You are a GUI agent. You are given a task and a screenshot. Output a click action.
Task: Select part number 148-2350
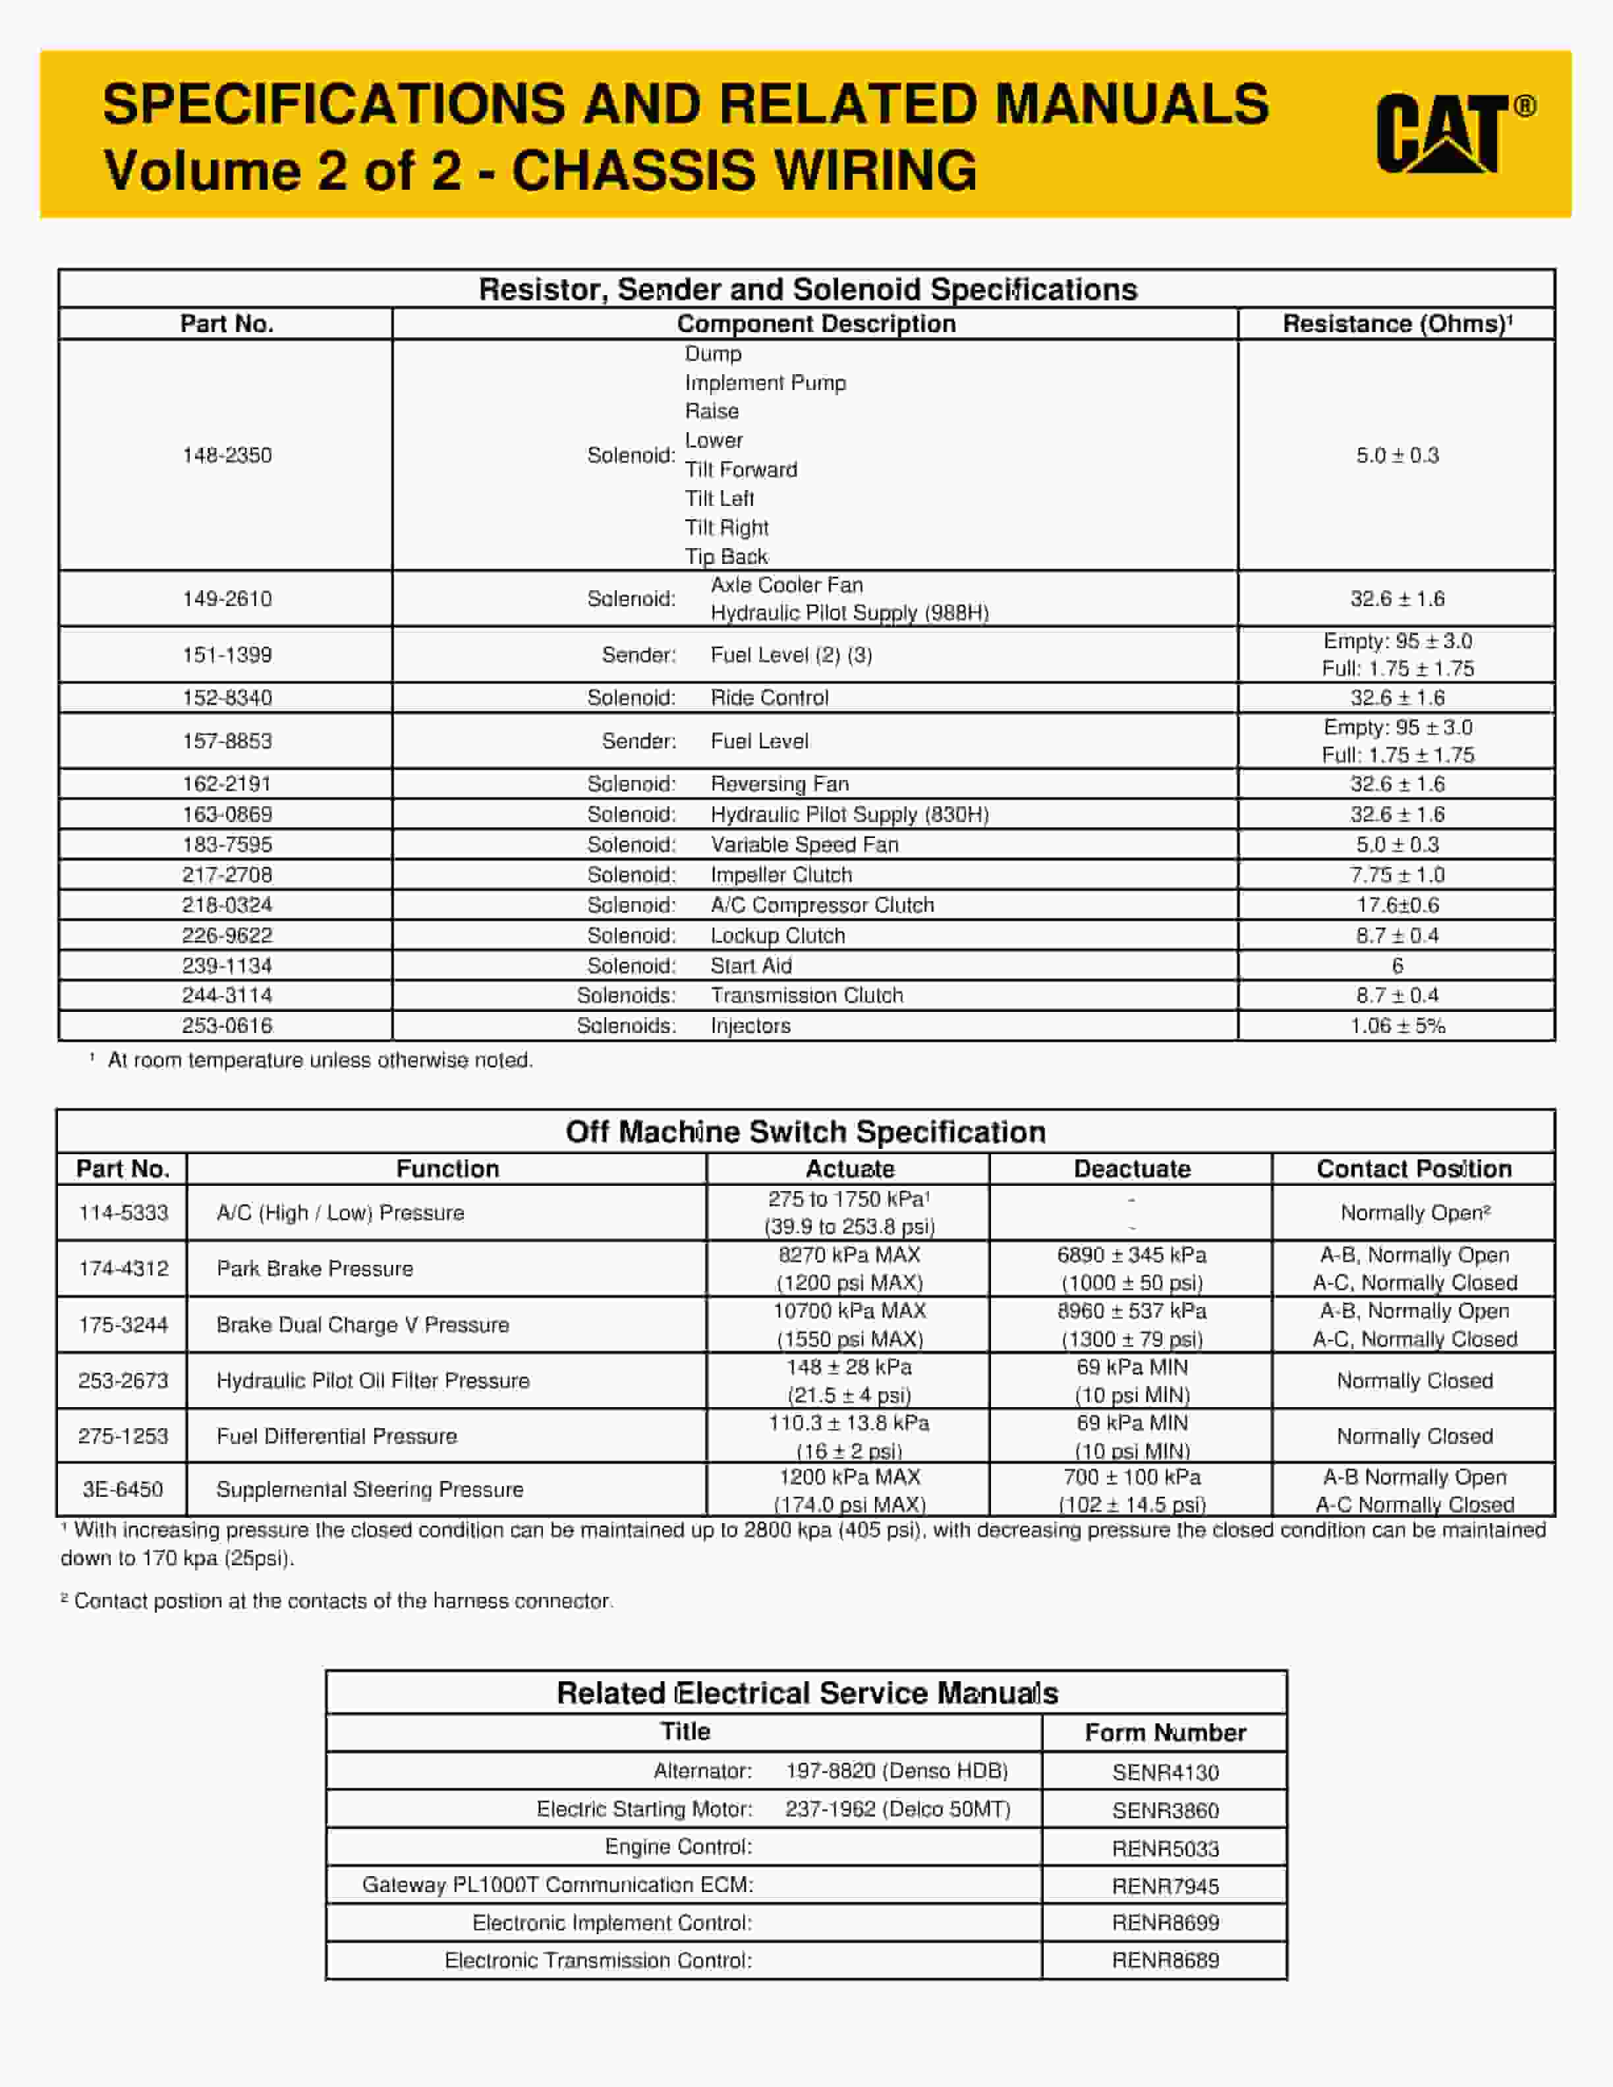pyautogui.click(x=227, y=455)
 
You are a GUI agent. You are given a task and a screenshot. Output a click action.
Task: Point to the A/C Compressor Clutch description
pyautogui.click(x=822, y=905)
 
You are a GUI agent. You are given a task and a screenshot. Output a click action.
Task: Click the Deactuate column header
pyautogui.click(x=1131, y=1169)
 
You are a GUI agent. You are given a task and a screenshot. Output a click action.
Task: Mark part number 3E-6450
pyautogui.click(x=123, y=1489)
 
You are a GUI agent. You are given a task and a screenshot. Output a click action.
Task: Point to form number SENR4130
pyautogui.click(x=1165, y=1773)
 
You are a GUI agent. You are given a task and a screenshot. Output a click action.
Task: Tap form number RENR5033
pyautogui.click(x=1165, y=1848)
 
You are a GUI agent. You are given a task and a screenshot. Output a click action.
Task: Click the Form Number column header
pyautogui.click(x=1165, y=1733)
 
